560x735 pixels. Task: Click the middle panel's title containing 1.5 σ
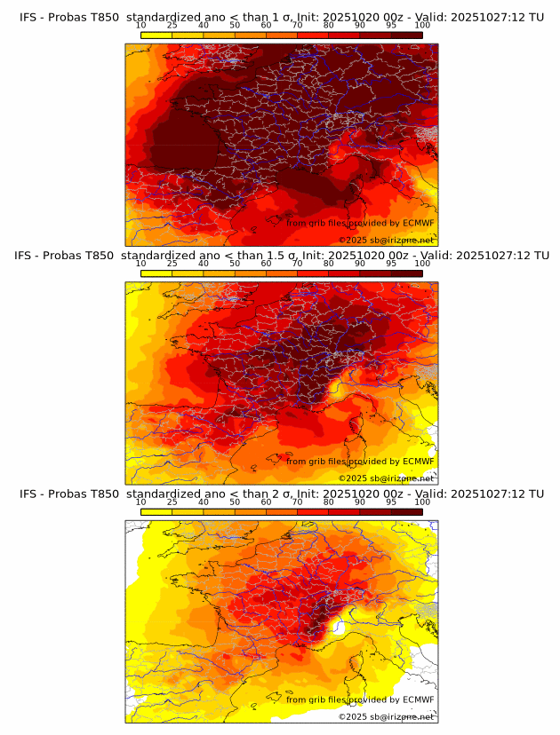tap(280, 255)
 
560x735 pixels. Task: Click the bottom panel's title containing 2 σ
tap(280, 494)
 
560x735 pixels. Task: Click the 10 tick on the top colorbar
tap(141, 25)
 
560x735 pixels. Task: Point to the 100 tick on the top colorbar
tap(422, 25)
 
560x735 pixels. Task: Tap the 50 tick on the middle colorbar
tap(235, 264)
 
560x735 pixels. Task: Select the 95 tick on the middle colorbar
tap(391, 264)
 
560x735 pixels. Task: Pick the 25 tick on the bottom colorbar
tap(172, 502)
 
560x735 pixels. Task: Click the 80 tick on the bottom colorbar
tap(329, 502)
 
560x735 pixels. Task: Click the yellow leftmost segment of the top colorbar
tap(156, 34)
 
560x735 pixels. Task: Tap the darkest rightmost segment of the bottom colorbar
tap(406, 512)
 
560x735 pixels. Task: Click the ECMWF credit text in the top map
tap(361, 223)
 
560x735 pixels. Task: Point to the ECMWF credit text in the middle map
tap(361, 462)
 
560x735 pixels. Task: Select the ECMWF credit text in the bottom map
tap(361, 700)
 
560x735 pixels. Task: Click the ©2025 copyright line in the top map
tap(387, 240)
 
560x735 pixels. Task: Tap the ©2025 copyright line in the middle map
tap(387, 478)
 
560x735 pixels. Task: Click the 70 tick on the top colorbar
tap(298, 25)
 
